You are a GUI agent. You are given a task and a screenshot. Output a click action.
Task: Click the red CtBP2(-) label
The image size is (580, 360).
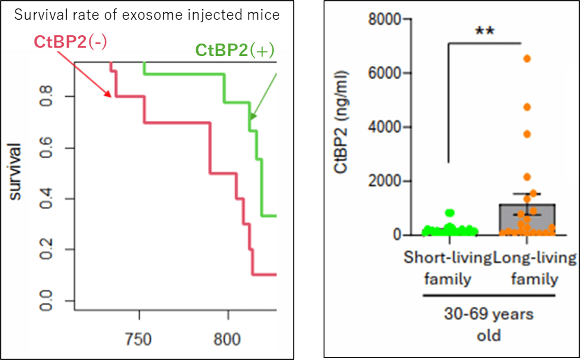[70, 42]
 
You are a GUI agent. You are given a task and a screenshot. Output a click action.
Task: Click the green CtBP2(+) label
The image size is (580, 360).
[235, 50]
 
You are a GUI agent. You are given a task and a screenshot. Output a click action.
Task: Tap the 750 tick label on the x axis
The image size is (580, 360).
[138, 339]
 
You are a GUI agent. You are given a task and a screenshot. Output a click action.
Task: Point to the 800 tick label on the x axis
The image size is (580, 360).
[227, 339]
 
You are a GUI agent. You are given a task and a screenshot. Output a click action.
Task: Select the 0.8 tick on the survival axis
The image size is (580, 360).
[46, 96]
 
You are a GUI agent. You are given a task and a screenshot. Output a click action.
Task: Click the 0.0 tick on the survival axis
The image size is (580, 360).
[46, 301]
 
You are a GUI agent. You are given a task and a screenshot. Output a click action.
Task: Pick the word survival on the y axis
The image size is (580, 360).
[15, 171]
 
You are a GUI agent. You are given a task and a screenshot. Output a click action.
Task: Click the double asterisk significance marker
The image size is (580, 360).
[485, 31]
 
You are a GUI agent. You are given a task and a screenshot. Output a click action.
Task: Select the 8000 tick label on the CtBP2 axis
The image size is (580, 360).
[385, 19]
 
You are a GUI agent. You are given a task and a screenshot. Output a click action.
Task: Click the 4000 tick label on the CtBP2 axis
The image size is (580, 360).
[385, 127]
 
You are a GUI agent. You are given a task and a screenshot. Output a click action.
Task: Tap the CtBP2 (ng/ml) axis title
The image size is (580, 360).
[341, 122]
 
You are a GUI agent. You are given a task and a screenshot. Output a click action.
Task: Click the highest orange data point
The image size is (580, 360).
[527, 59]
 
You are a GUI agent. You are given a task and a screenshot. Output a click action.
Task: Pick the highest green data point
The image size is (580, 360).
[450, 213]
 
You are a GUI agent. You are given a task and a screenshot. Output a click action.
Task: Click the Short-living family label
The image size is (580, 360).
[448, 268]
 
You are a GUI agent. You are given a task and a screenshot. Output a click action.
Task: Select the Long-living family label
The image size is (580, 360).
[535, 268]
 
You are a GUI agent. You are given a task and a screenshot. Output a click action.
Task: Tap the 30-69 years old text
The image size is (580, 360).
[489, 324]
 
